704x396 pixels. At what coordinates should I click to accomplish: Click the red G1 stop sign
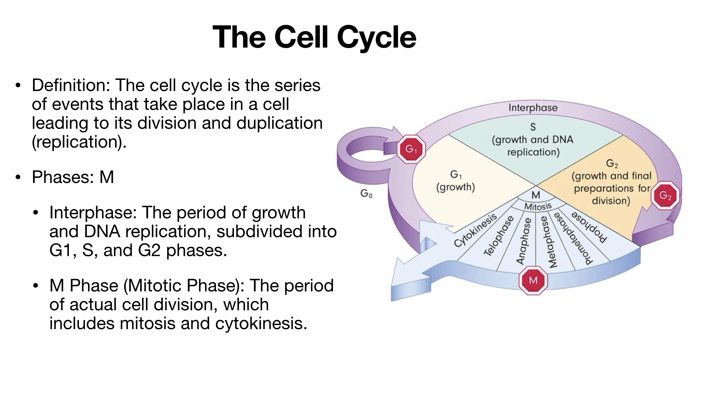coord(411,149)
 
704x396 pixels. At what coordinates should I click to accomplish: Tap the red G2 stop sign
coord(665,196)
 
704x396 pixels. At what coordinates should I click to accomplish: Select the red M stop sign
coord(533,280)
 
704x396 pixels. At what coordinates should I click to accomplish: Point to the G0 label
coord(366,193)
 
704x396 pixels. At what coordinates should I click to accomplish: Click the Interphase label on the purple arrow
coord(533,108)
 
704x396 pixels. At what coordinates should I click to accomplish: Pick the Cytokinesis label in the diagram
coord(475,231)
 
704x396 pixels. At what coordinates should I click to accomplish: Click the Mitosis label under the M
coord(538,207)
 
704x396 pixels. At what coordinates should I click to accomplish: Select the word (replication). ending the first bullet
coord(79,142)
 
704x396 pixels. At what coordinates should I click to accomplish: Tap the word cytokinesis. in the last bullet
coord(261,323)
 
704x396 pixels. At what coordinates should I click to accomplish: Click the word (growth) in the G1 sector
coord(455,187)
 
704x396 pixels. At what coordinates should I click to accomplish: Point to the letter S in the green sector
coord(533,127)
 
